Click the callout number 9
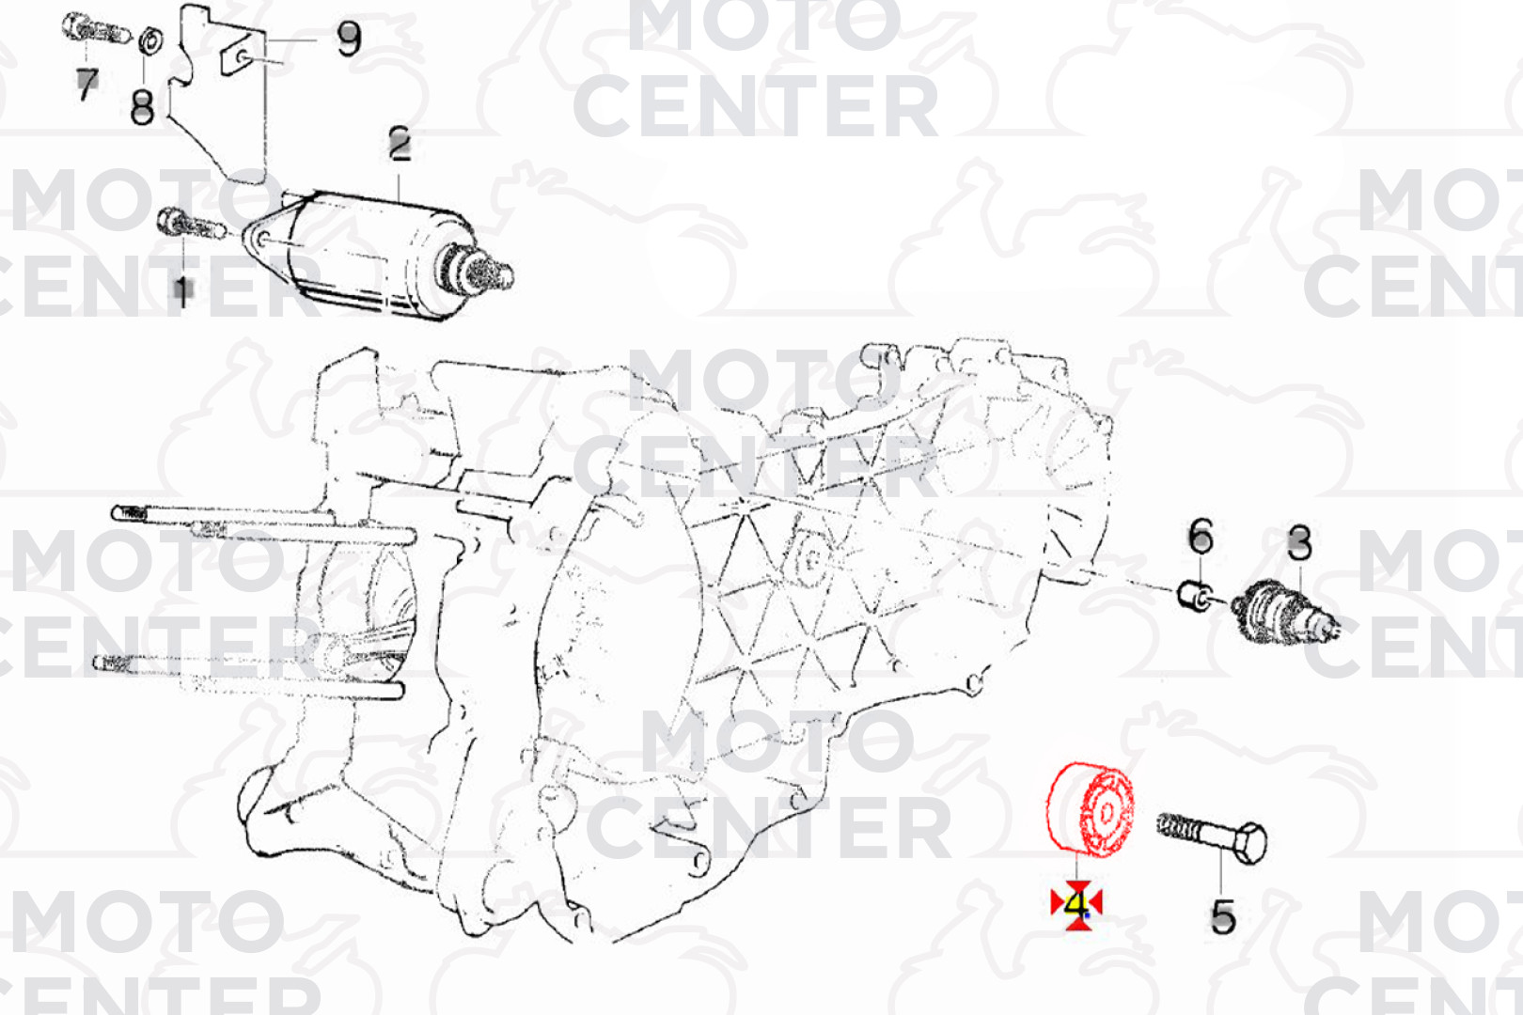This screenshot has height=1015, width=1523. pyautogui.click(x=349, y=39)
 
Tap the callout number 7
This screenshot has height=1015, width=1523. pyautogui.click(x=87, y=85)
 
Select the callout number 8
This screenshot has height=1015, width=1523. pyautogui.click(x=142, y=107)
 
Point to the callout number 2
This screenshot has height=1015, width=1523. pyautogui.click(x=400, y=144)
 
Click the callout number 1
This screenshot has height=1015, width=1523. pyautogui.click(x=182, y=292)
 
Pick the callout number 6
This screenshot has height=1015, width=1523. pyautogui.click(x=1200, y=536)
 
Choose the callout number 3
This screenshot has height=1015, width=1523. pyautogui.click(x=1298, y=542)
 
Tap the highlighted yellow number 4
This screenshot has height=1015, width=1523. pyautogui.click(x=1077, y=904)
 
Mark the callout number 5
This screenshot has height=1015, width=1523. pyautogui.click(x=1222, y=915)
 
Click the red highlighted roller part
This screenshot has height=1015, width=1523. pyautogui.click(x=1090, y=809)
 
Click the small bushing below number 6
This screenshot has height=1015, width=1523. pyautogui.click(x=1193, y=596)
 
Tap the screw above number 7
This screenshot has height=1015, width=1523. pyautogui.click(x=96, y=29)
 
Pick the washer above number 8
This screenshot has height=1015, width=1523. pyautogui.click(x=150, y=40)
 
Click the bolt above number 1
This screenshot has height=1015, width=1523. pyautogui.click(x=191, y=225)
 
